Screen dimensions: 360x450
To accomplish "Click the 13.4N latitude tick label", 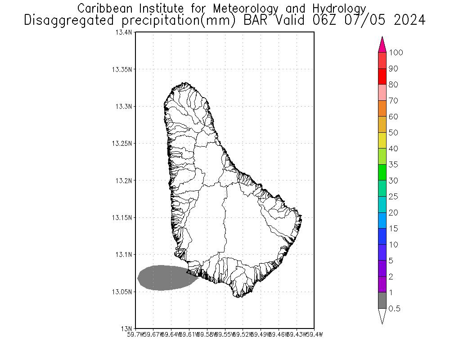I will tap(125, 32).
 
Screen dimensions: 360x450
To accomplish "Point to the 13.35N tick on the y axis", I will tap(123, 69).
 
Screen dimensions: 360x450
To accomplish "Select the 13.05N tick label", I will tap(123, 292).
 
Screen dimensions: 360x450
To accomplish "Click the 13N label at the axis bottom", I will tap(127, 328).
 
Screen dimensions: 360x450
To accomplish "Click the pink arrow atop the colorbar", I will tap(382, 44).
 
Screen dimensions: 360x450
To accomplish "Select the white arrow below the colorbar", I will tap(382, 316).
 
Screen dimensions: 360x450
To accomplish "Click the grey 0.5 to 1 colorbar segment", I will tap(382, 301).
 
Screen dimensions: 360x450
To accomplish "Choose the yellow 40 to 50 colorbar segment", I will tap(382, 140).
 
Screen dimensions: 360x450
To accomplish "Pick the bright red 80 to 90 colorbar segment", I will tap(382, 76).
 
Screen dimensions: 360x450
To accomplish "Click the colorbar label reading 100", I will tap(396, 53).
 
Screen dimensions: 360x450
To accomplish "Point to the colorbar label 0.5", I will tap(395, 309).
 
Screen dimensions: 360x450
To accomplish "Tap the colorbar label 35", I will tap(393, 165).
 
